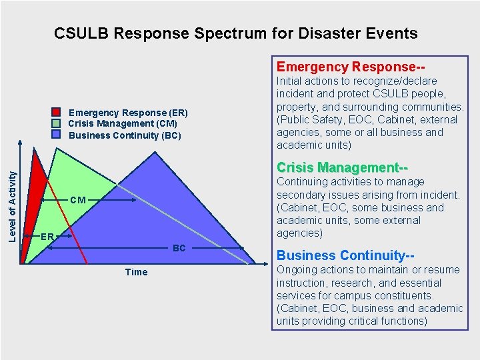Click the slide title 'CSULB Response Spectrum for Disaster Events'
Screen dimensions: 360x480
pyautogui.click(x=235, y=33)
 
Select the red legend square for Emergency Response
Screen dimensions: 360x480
pyautogui.click(x=57, y=113)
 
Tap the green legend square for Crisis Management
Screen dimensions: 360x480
pyautogui.click(x=57, y=123)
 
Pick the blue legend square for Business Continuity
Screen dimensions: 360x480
pyautogui.click(x=57, y=134)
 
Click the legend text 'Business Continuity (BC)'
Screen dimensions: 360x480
pyautogui.click(x=125, y=135)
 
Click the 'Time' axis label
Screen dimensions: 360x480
pyautogui.click(x=136, y=272)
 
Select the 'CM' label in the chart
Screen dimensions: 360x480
pyautogui.click(x=77, y=199)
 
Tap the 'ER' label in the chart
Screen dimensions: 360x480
pyautogui.click(x=47, y=237)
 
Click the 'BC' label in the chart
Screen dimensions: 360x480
pyautogui.click(x=179, y=248)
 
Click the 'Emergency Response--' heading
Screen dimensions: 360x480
pyautogui.click(x=351, y=67)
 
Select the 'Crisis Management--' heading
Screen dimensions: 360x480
pyautogui.click(x=342, y=167)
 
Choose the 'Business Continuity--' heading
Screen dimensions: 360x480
pyautogui.click(x=346, y=255)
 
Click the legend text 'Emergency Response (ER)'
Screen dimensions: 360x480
pyautogui.click(x=128, y=113)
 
